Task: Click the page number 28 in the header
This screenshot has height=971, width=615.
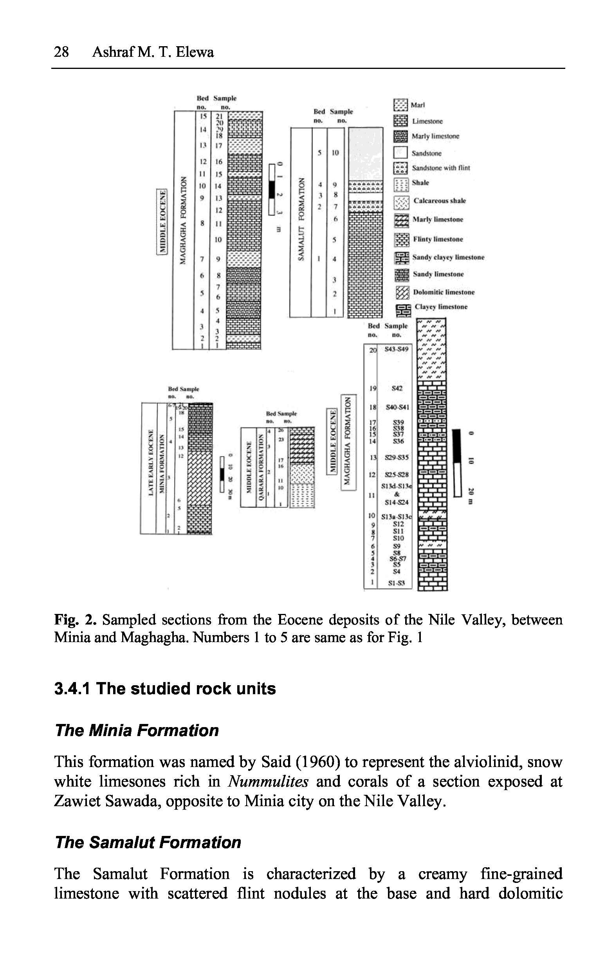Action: click(x=61, y=52)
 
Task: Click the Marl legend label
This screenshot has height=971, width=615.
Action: click(x=418, y=105)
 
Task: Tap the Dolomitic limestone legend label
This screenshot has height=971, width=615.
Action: click(x=444, y=292)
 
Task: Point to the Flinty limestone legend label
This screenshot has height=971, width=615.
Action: click(x=438, y=239)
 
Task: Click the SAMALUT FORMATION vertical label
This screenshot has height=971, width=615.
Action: click(x=300, y=220)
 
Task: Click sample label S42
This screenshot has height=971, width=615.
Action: click(x=397, y=388)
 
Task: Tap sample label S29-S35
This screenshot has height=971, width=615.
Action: click(x=397, y=458)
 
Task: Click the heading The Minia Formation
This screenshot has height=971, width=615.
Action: click(x=137, y=730)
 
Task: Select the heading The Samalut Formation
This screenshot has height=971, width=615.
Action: click(x=148, y=842)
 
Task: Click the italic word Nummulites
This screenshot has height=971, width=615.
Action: click(x=268, y=781)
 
